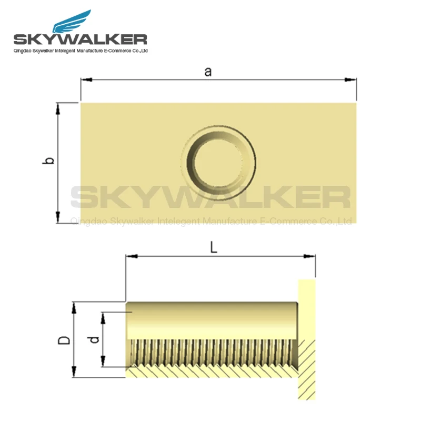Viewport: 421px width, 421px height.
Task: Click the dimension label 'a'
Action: coord(208,72)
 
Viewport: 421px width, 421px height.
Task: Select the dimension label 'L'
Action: coord(214,248)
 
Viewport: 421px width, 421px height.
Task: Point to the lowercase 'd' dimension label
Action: coord(95,339)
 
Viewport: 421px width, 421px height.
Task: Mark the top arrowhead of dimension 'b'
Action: coord(58,108)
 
